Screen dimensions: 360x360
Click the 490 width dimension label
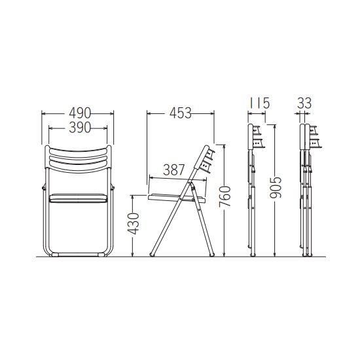pyautogui.click(x=80, y=113)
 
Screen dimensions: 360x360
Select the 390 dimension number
pyautogui.click(x=80, y=128)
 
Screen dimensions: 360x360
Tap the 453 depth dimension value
pyautogui.click(x=181, y=113)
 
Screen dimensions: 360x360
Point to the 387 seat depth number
pyautogui.click(x=174, y=170)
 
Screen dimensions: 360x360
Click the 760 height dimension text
pyautogui.click(x=225, y=196)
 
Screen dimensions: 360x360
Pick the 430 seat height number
pyautogui.click(x=134, y=224)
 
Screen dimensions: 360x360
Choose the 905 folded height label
pyautogui.click(x=276, y=188)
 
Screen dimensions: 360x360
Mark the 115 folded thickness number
pyautogui.click(x=259, y=103)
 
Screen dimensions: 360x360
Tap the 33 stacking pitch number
pyautogui.click(x=304, y=103)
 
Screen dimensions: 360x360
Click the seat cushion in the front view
pyautogui.click(x=79, y=198)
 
